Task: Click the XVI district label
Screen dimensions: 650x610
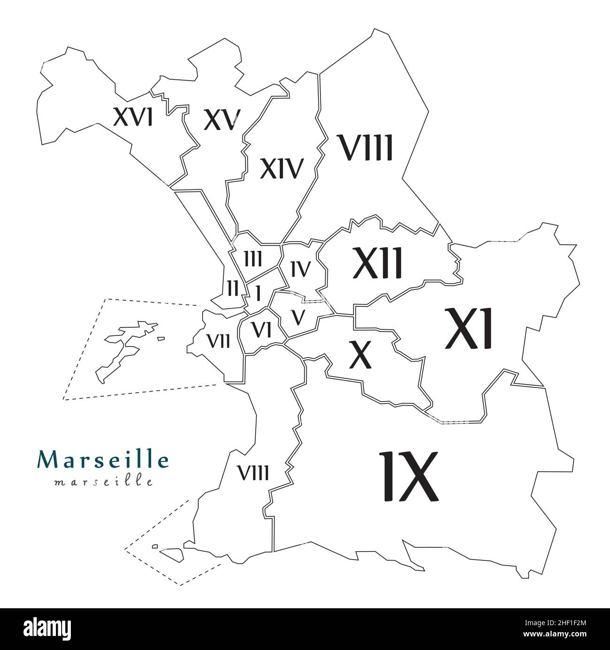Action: point(133,117)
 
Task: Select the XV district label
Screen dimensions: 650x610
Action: point(222,120)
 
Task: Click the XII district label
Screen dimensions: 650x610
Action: point(378,263)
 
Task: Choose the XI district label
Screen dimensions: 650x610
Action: point(469,329)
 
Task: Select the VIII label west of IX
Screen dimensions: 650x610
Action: point(253,473)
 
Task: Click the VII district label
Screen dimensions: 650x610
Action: point(218,341)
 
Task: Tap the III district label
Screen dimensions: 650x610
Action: point(253,258)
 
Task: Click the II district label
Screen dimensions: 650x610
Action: point(233,287)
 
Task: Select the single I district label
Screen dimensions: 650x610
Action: point(258,294)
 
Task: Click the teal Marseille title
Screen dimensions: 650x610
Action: point(103,460)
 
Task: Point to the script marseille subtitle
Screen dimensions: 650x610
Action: point(103,483)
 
